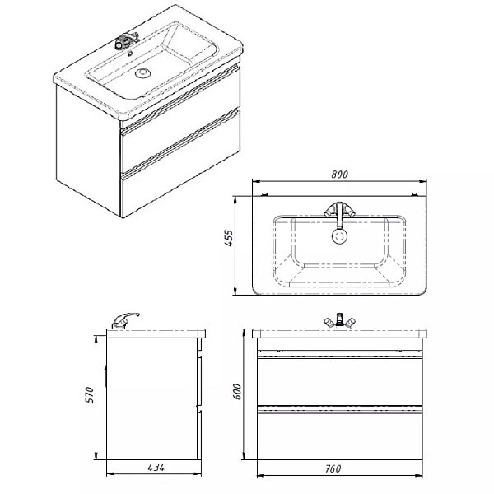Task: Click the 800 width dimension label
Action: [340, 174]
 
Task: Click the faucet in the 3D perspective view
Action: [126, 40]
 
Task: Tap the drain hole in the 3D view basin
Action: [144, 74]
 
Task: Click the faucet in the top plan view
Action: [339, 212]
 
